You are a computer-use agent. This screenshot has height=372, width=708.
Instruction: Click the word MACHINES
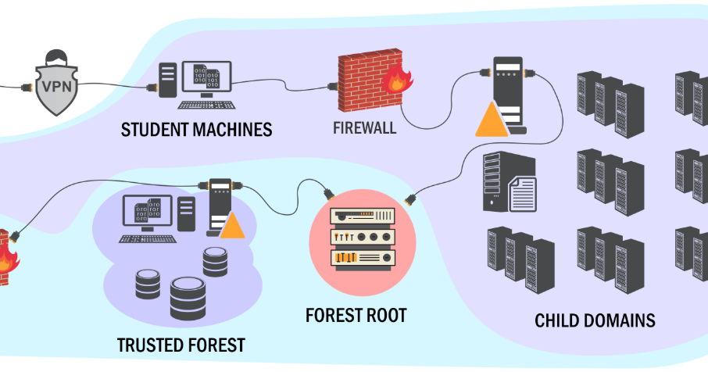(x=234, y=130)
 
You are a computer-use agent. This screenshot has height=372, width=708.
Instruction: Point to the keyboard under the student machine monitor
(x=206, y=104)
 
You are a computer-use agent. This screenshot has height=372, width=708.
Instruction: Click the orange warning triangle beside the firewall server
(x=489, y=120)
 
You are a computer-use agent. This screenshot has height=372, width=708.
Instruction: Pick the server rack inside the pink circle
(x=363, y=238)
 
